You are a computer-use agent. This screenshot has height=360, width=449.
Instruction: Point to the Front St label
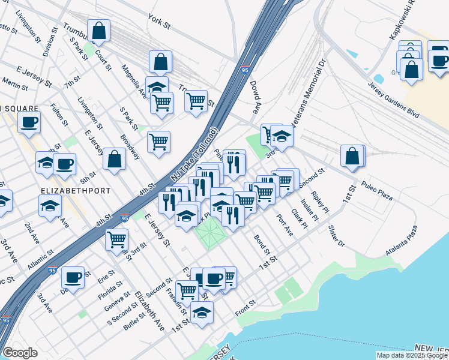pyautogui.click(x=246, y=308)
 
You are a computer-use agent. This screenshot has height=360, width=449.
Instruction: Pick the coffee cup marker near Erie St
pyautogui.click(x=73, y=277)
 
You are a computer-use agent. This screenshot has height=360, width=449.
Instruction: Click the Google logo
pyautogui.click(x=20, y=353)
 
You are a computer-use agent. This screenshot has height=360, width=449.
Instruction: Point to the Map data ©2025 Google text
pyautogui.click(x=411, y=355)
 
